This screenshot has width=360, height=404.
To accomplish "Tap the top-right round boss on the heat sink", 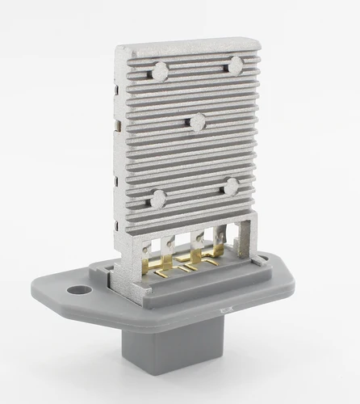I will (235, 65).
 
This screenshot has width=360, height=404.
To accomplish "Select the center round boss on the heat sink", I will (197, 122).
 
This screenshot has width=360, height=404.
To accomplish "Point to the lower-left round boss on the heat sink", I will (157, 198).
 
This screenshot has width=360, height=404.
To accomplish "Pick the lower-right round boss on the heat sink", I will (232, 187).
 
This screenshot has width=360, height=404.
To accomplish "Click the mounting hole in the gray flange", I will (78, 288).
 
